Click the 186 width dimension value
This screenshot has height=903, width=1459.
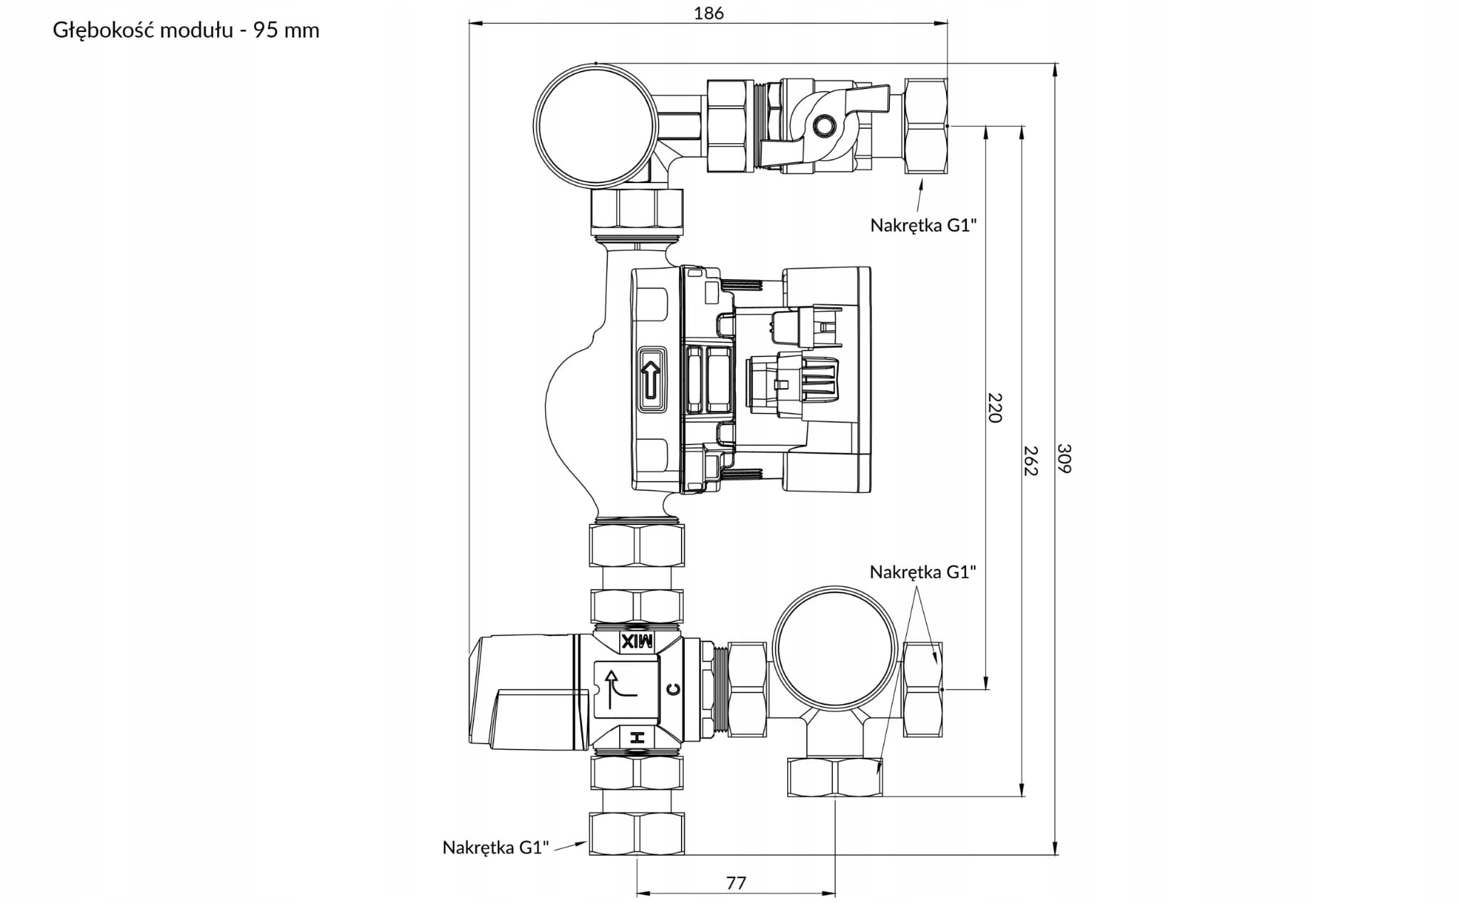pos(708,13)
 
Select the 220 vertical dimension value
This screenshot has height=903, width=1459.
pos(995,407)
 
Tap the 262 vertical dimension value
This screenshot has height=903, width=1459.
pos(1031,460)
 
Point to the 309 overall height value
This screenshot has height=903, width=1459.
pos(1064,458)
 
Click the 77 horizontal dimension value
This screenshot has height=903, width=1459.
pos(736,883)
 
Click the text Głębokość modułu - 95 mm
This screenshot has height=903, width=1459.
pos(186,31)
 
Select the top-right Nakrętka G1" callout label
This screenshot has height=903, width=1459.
pos(923,225)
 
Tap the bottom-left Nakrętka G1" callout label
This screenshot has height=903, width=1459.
pos(496,847)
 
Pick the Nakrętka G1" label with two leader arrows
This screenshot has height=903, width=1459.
pos(923,572)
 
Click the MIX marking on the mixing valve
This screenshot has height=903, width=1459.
pos(637,642)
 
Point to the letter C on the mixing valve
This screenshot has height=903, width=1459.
pos(673,689)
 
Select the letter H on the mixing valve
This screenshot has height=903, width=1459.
pos(638,738)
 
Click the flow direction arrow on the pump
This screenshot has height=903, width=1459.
pos(650,380)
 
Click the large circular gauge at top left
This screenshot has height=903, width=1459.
pos(595,125)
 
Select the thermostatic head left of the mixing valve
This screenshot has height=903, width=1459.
pos(524,691)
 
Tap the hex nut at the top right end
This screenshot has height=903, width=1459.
pos(926,126)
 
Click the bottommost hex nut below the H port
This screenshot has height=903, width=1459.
pos(637,832)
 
